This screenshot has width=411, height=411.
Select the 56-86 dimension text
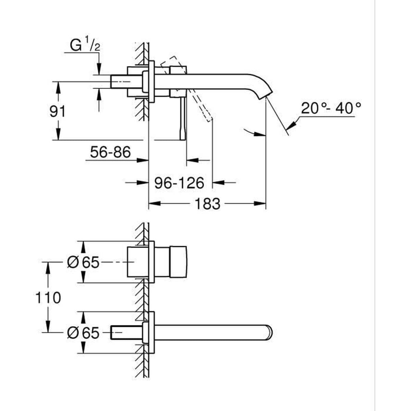110,152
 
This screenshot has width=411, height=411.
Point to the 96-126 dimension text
179,183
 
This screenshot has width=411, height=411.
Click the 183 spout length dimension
207,204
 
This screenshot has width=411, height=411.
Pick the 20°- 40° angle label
331,109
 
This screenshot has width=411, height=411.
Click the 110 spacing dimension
48,298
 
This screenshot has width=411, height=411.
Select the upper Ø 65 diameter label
83,263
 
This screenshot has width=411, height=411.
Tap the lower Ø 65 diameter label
83,333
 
